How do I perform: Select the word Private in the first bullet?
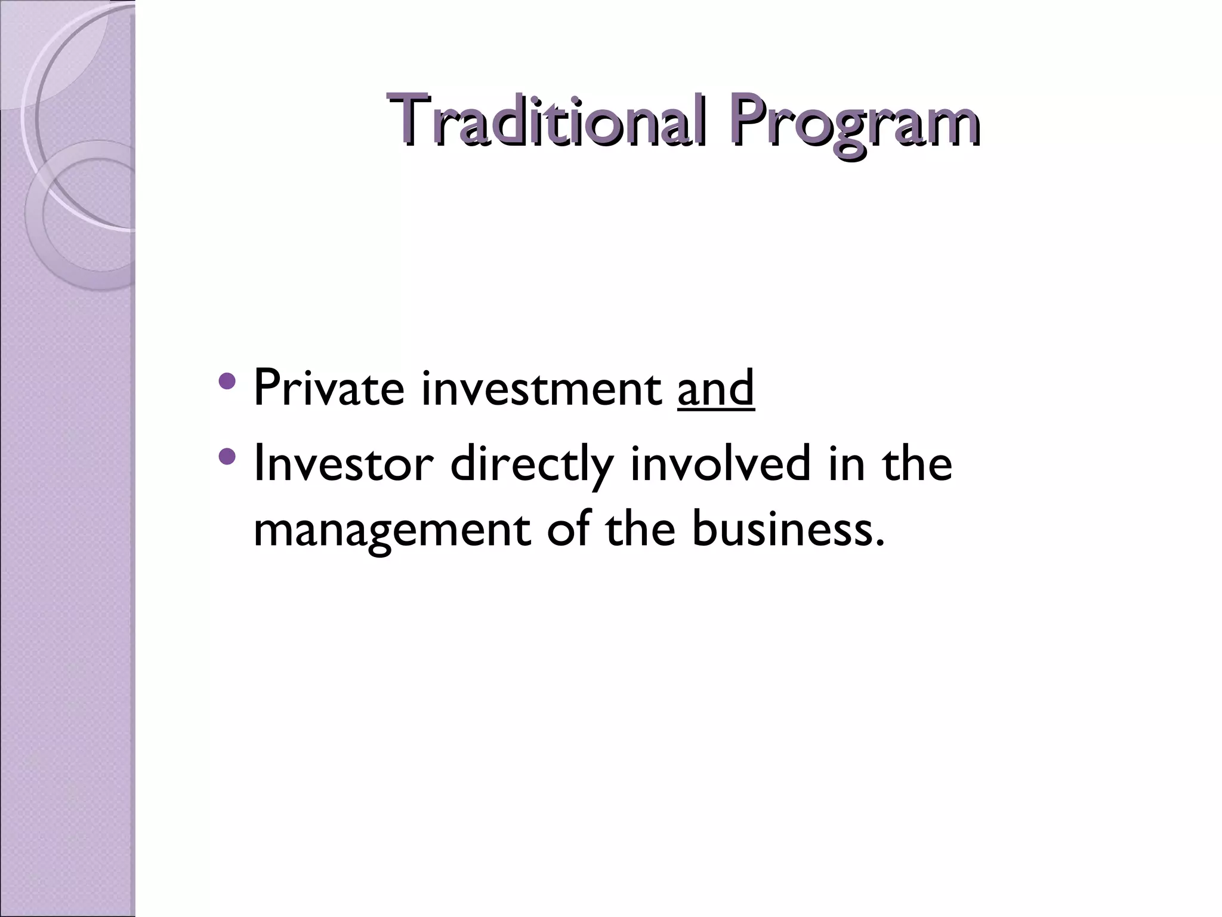[329, 387]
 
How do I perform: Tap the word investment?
[541, 389]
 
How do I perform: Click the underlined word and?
[716, 388]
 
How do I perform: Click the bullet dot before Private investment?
[227, 380]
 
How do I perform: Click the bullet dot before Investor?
[227, 457]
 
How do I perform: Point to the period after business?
[878, 543]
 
